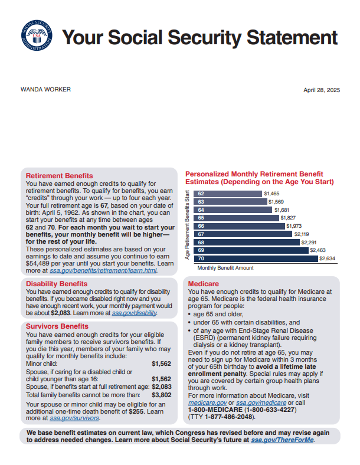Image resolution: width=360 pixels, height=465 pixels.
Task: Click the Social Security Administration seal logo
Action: [x=36, y=37]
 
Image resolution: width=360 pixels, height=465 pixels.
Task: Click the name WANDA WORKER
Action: [x=45, y=90]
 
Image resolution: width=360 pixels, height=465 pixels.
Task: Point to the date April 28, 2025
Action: [x=322, y=90]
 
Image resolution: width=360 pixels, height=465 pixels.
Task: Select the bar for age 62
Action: [x=229, y=194]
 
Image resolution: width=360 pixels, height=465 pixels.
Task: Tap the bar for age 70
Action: [x=257, y=258]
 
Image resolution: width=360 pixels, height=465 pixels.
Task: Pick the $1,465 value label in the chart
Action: [x=271, y=194]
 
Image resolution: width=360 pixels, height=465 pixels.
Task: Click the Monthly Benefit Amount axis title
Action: [x=225, y=268]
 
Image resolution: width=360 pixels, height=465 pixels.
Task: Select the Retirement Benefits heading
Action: [x=59, y=176]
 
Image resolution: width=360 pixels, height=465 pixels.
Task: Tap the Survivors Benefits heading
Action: [x=57, y=326]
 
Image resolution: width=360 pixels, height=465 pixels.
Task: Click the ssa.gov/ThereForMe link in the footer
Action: [x=283, y=440]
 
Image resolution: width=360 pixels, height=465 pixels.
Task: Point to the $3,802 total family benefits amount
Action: [x=161, y=395]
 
